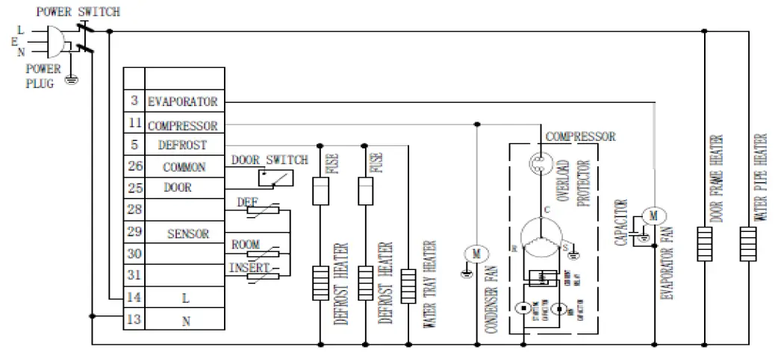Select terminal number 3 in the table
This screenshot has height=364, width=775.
click(x=134, y=101)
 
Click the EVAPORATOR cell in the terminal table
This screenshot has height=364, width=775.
click(x=183, y=101)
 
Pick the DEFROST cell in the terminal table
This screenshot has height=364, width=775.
click(x=183, y=145)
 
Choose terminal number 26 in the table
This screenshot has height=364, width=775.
click(x=134, y=166)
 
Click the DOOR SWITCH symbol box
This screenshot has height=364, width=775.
click(x=275, y=178)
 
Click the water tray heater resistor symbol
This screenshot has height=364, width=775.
click(x=408, y=283)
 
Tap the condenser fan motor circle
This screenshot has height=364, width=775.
click(x=476, y=254)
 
